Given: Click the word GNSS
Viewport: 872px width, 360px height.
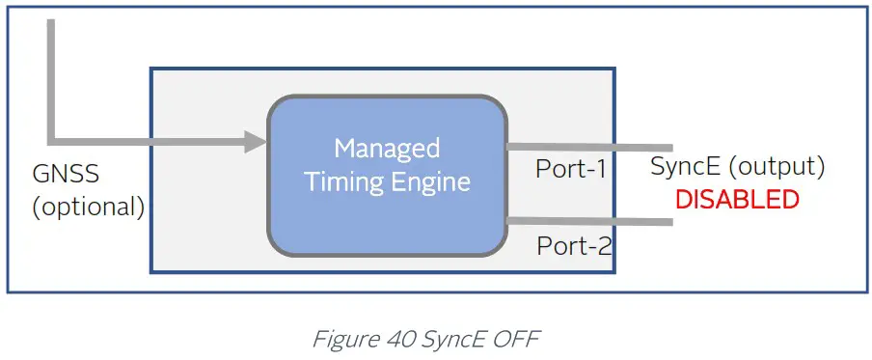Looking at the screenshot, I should pyautogui.click(x=66, y=177).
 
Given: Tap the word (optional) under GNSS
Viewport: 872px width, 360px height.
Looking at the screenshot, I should pyautogui.click(x=88, y=207).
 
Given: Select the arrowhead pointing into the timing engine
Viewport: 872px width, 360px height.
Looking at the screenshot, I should pyautogui.click(x=255, y=142).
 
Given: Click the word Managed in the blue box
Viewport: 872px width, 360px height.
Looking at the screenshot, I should pyautogui.click(x=387, y=149).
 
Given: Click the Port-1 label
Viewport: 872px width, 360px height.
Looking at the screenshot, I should pyautogui.click(x=571, y=170).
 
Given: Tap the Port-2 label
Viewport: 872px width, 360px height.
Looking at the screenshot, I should pyautogui.click(x=574, y=246).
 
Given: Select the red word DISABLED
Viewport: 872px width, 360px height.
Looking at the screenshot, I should pyautogui.click(x=737, y=200).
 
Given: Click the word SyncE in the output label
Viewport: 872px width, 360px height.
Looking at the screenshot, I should pyautogui.click(x=685, y=166).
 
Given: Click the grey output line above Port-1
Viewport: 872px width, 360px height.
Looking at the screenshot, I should pyautogui.click(x=588, y=147).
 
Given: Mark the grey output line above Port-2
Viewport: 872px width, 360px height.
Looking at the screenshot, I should pyautogui.click(x=588, y=222).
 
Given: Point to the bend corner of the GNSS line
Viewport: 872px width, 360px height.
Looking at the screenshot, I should pyautogui.click(x=52, y=141).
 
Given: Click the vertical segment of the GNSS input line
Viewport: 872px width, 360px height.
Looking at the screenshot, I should pyautogui.click(x=52, y=77).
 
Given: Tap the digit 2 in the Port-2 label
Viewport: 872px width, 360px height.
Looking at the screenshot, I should pyautogui.click(x=604, y=246).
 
